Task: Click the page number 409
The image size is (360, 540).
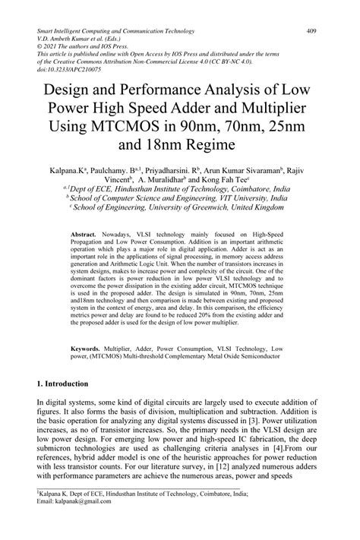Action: coord(311,31)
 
